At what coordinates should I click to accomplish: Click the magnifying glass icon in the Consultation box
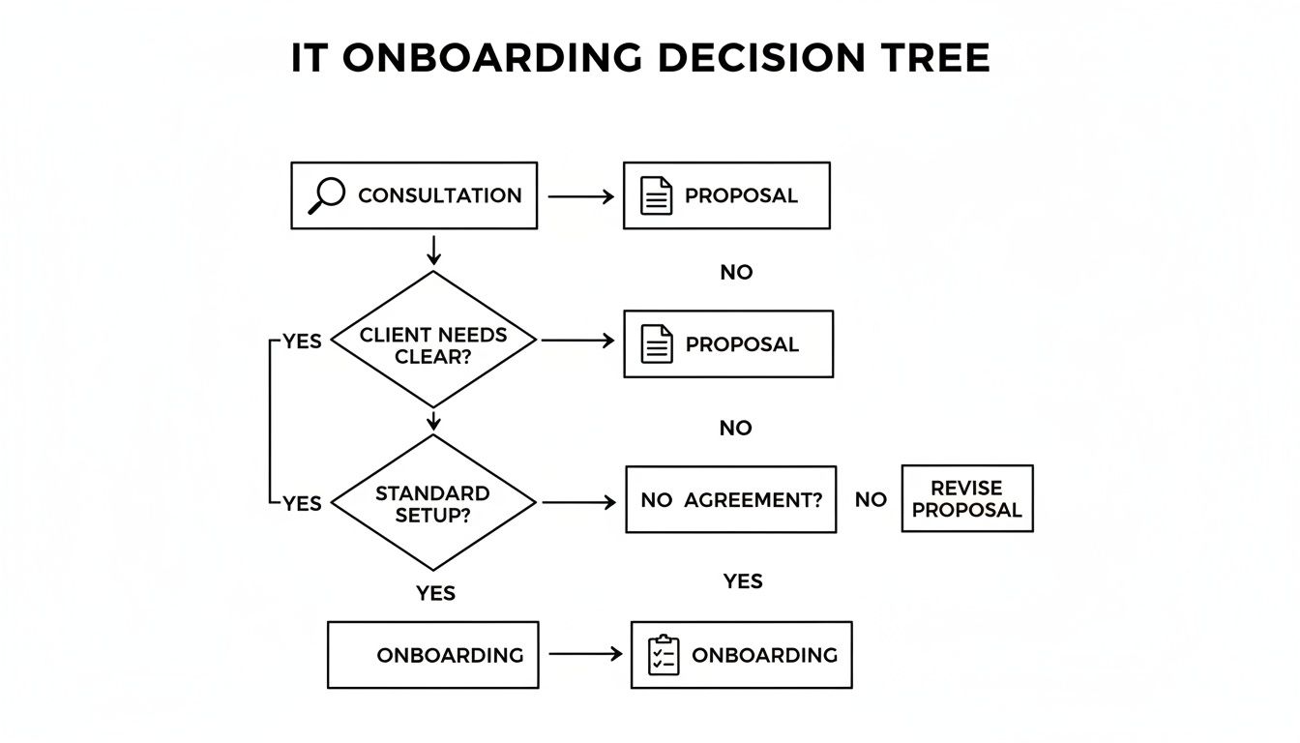[x=326, y=195]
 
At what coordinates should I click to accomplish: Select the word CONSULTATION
[x=439, y=195]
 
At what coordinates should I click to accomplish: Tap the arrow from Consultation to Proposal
[x=580, y=196]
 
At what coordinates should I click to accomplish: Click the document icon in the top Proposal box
[x=657, y=195]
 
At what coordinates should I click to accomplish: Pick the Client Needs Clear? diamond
[x=432, y=340]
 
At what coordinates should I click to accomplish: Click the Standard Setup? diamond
[x=432, y=503]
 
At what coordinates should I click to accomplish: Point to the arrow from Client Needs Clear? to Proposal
[x=577, y=341]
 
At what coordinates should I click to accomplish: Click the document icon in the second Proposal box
[x=658, y=344]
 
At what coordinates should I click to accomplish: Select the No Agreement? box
[x=730, y=499]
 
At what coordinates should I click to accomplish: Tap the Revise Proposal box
[x=966, y=498]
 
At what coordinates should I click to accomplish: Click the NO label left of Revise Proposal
[x=871, y=499]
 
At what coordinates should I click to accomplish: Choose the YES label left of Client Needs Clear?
[x=302, y=342]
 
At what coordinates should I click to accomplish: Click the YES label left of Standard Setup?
[x=302, y=503]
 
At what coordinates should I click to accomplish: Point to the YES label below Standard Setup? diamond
[x=435, y=593]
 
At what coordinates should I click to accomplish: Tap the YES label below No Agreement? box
[x=742, y=581]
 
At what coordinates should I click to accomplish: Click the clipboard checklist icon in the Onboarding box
[x=664, y=655]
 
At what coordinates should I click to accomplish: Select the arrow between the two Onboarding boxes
[x=585, y=655]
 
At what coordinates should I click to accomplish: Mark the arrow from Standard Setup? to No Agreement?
[x=578, y=502]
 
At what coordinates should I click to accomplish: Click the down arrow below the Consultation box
[x=433, y=251]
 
